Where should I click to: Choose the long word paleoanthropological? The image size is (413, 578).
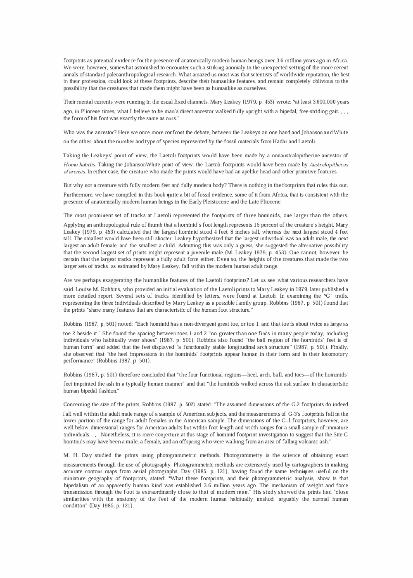[x=128, y=74]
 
